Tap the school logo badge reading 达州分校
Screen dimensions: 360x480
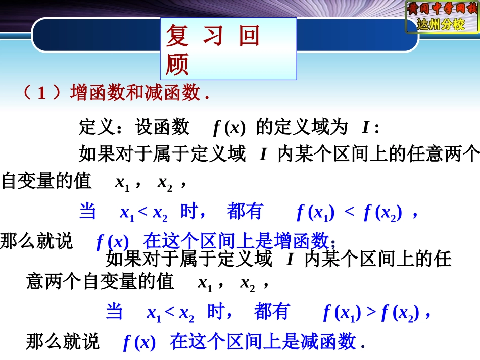(x=442, y=17)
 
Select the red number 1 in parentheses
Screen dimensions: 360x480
(x=42, y=93)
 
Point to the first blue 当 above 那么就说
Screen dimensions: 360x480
(x=87, y=212)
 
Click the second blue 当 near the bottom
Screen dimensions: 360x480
(x=114, y=312)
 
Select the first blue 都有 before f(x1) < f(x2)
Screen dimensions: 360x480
(x=245, y=212)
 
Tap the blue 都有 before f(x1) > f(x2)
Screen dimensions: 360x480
(x=272, y=312)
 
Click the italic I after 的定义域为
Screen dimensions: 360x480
(x=366, y=128)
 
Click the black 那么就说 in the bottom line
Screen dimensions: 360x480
(x=63, y=342)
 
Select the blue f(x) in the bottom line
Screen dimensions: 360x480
(x=139, y=343)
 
